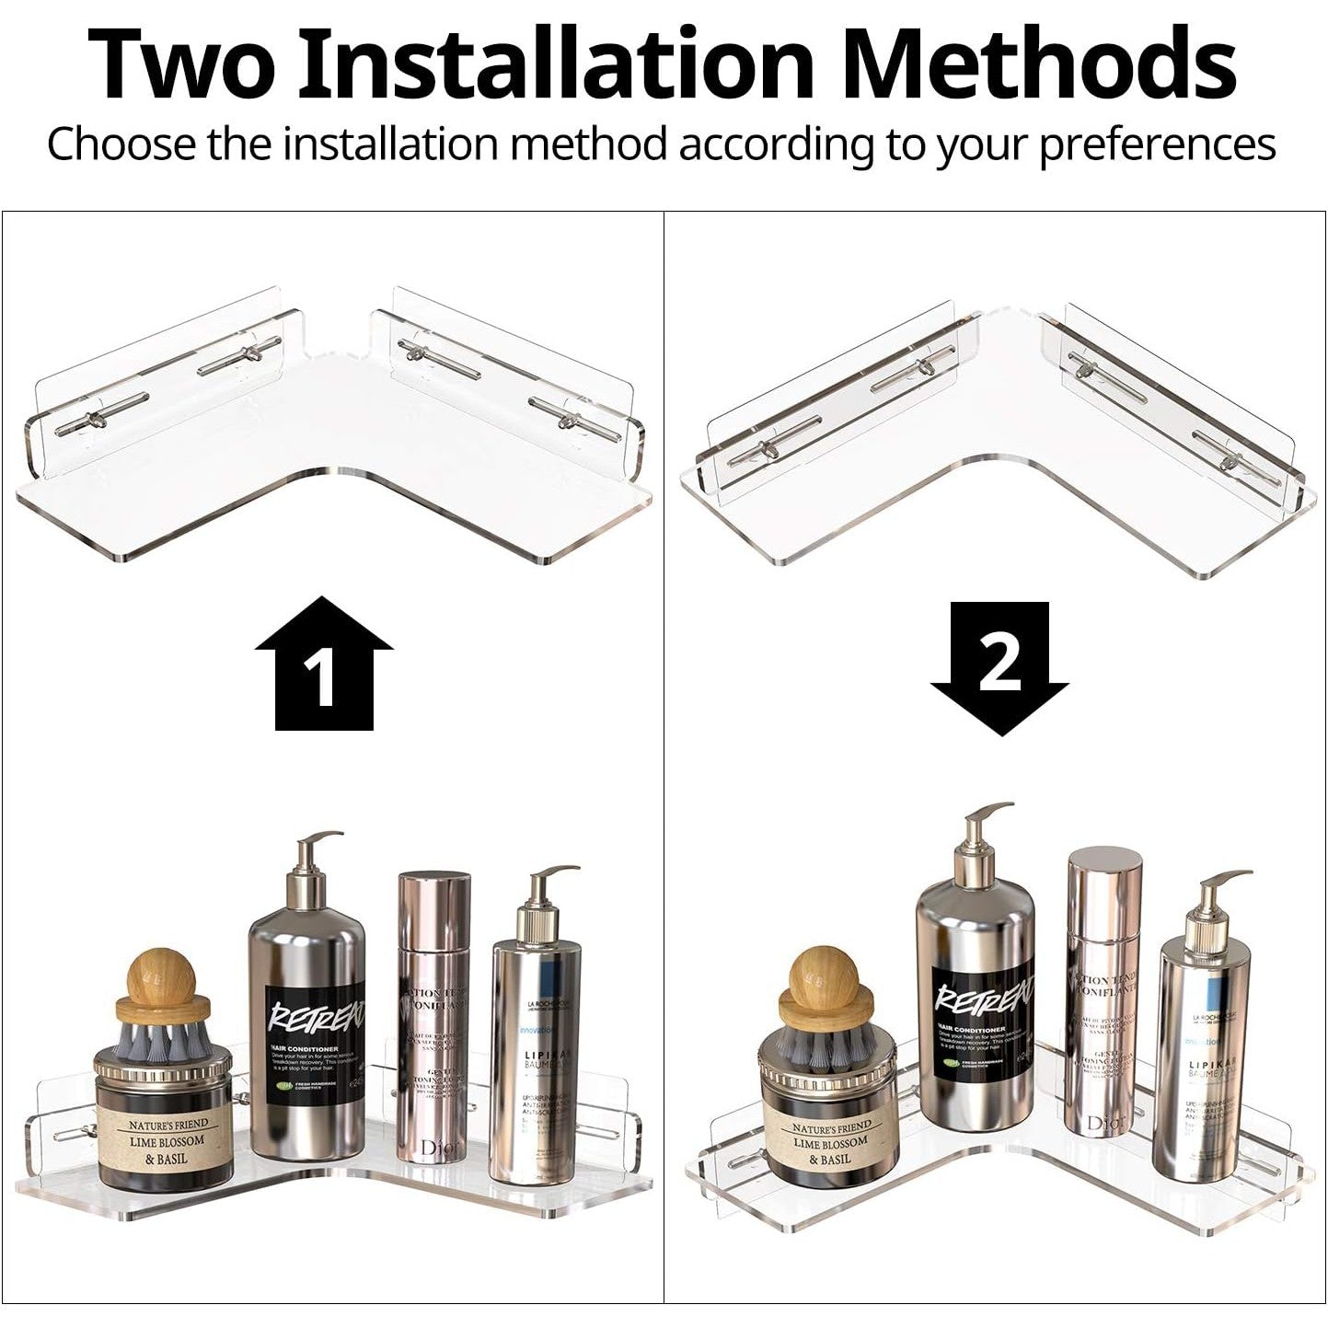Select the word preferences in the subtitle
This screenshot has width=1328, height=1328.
click(1157, 144)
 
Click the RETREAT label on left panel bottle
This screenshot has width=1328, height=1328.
click(313, 1040)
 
